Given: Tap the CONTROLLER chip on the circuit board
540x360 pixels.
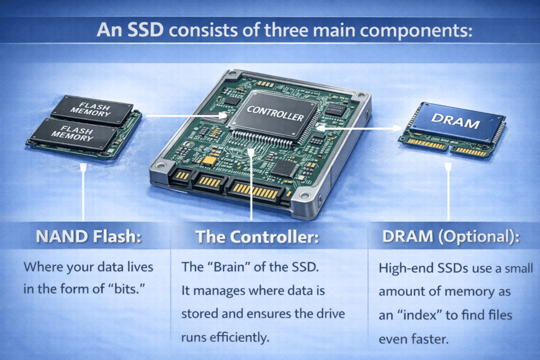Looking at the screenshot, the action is (x=275, y=113).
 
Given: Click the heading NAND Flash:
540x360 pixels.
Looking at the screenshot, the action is (x=89, y=237).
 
